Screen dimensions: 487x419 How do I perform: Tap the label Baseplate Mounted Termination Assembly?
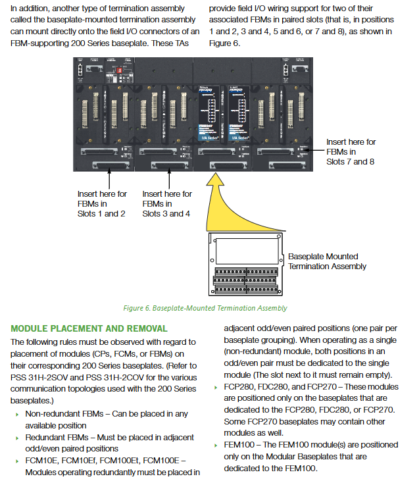[x=327, y=261]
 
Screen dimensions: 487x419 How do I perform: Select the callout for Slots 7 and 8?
[x=351, y=151]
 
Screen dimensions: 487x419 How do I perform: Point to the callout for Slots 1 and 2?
[x=102, y=203]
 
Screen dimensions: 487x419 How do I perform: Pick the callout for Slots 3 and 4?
[x=167, y=203]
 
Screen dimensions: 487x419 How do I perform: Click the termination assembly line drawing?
[x=245, y=264]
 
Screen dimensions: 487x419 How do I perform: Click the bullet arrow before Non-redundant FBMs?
[x=16, y=415]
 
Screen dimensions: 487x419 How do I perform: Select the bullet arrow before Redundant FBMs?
[x=16, y=438]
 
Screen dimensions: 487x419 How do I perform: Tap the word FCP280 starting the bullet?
[x=240, y=387]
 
